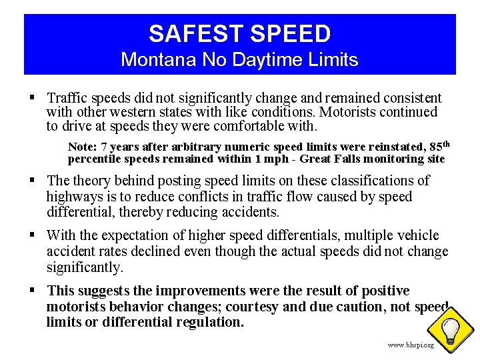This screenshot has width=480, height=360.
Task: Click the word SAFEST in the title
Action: pyautogui.click(x=193, y=33)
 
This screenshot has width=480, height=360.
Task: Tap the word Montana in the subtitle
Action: pyautogui.click(x=150, y=60)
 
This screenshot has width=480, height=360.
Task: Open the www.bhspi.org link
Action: pyautogui.click(x=411, y=345)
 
